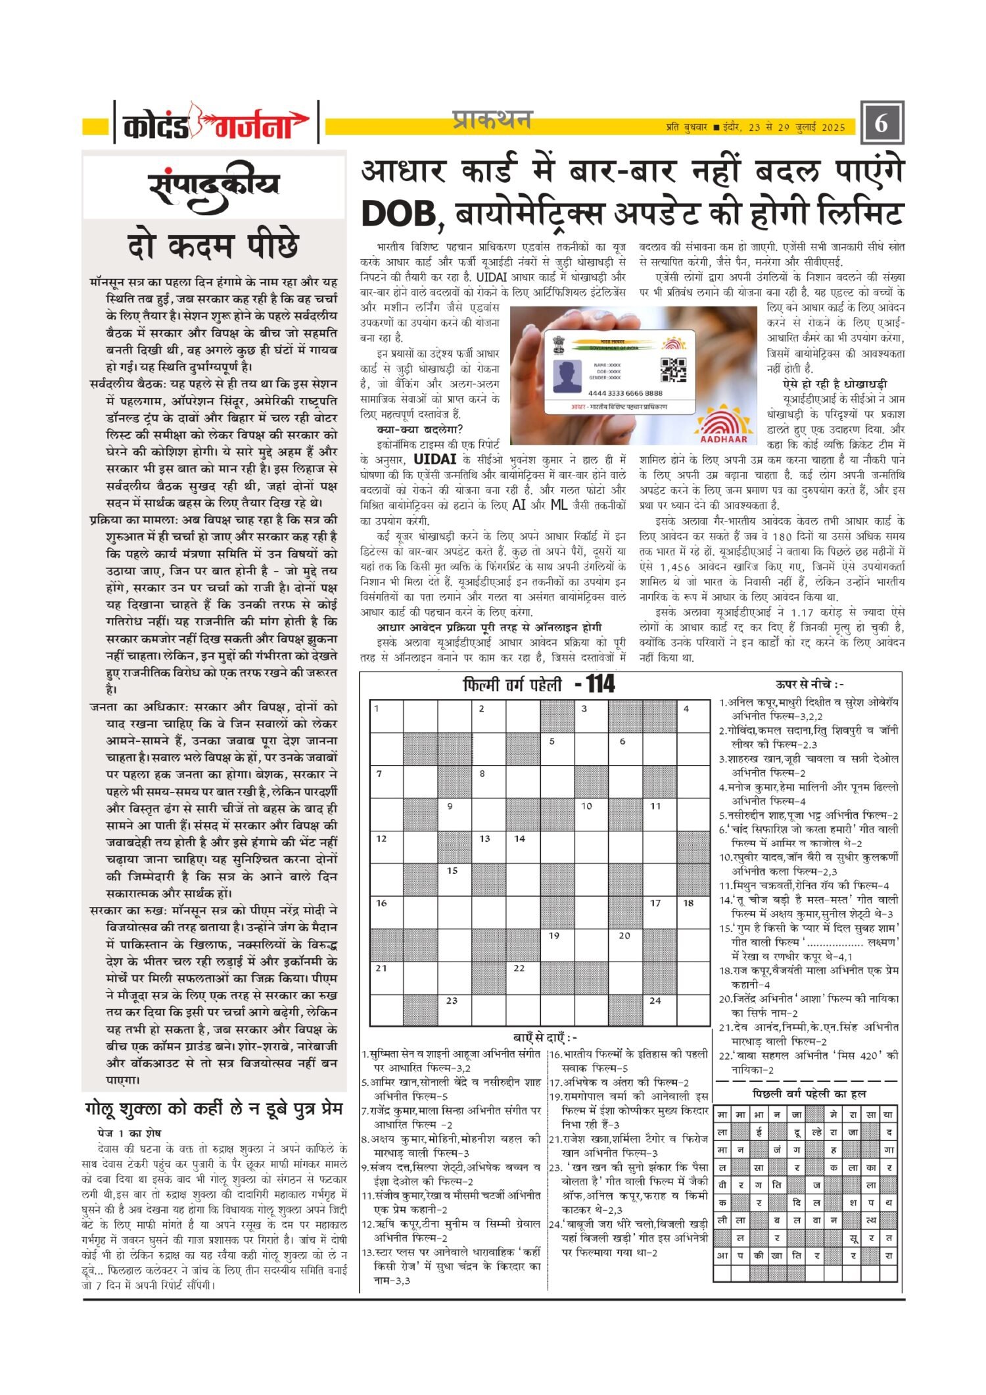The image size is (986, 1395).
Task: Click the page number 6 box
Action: pos(881,123)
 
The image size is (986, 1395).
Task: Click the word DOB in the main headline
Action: pos(398,213)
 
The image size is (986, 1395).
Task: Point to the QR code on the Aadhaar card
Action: pos(672,370)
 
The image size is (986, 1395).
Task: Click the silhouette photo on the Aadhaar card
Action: pos(569,376)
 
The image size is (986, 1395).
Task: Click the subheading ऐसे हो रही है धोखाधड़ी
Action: pos(835,384)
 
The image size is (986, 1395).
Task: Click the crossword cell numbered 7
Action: pos(387,781)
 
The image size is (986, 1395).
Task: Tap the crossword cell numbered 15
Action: pos(455,879)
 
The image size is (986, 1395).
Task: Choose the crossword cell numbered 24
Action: pos(659,1009)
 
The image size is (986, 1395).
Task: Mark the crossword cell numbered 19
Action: pos(557,944)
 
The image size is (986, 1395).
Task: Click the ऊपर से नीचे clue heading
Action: pos(809,685)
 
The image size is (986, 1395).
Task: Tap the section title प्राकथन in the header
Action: pos(492,121)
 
